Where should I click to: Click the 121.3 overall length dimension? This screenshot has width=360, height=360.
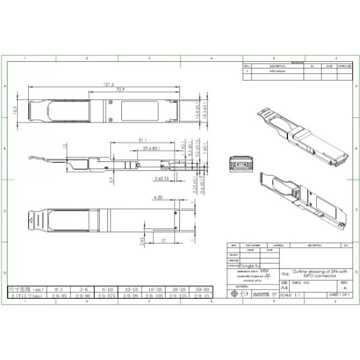pyautogui.click(x=108, y=85)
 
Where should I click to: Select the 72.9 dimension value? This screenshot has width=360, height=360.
pyautogui.click(x=121, y=90)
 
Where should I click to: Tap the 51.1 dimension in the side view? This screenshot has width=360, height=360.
pyautogui.click(x=142, y=140)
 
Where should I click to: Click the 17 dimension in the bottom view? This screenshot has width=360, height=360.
pyautogui.click(x=163, y=241)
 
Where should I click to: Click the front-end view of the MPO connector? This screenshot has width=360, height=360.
pyautogui.click(x=239, y=164)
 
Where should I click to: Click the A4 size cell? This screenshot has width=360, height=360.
pyautogui.click(x=284, y=288)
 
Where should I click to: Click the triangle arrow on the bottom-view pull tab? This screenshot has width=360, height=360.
pyautogui.click(x=31, y=222)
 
